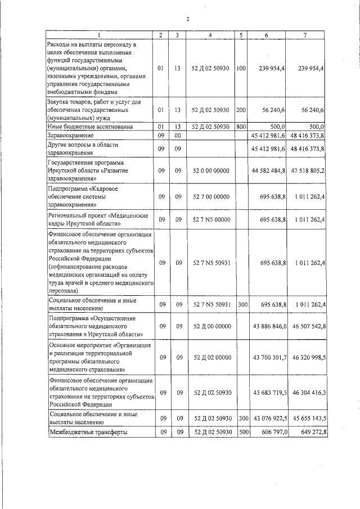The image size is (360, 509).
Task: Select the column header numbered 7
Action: click(x=305, y=35)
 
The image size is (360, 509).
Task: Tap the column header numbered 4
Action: click(x=209, y=35)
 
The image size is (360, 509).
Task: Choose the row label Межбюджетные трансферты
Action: click(x=87, y=431)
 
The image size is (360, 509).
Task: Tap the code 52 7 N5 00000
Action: click(x=209, y=219)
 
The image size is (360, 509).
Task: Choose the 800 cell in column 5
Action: click(x=241, y=127)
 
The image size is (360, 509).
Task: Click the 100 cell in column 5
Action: click(x=241, y=68)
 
